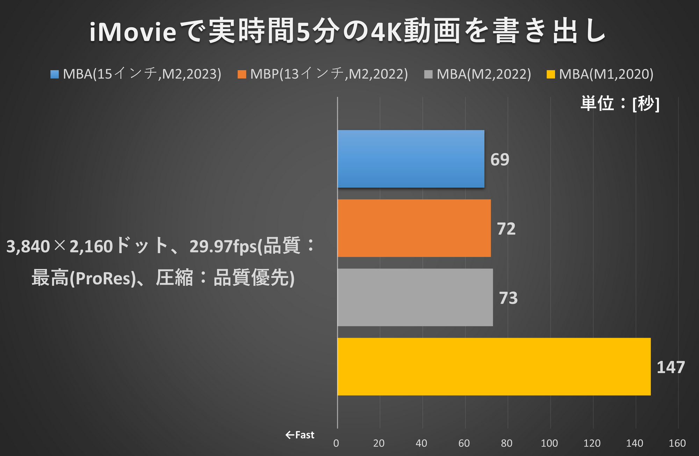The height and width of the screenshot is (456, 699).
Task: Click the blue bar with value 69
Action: point(411,159)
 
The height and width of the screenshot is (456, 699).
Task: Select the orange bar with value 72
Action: point(414,228)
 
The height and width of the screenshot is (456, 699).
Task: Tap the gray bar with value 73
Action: point(415,297)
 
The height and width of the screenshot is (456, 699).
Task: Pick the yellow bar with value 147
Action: point(494,366)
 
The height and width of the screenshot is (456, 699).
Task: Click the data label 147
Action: point(670,367)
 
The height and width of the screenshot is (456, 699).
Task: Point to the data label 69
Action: point(499,160)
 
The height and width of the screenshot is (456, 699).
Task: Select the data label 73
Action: point(508,298)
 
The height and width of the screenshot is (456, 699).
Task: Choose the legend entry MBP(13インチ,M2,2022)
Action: point(329,74)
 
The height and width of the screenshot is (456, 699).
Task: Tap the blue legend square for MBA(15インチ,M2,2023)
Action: point(55,74)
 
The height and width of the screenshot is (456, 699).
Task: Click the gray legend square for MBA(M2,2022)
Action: point(428,74)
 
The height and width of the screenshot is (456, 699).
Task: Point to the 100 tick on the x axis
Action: point(549,443)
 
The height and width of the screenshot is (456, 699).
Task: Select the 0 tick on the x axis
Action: point(336,443)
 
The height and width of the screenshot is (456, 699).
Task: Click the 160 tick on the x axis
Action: point(677,443)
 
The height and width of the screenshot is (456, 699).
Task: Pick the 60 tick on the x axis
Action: point(464,443)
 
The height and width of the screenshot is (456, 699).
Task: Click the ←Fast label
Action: point(300,435)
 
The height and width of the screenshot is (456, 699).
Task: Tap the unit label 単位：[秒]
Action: point(620,104)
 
